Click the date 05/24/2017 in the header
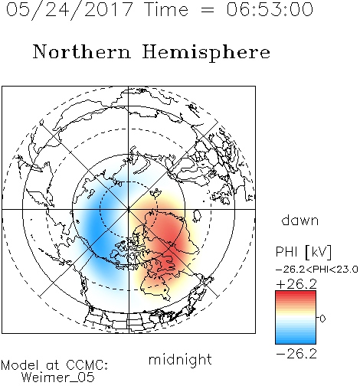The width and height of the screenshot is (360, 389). point(70,10)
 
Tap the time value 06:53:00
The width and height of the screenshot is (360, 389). point(270,9)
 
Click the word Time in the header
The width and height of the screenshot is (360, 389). point(166,9)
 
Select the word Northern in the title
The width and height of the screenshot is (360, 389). point(82,51)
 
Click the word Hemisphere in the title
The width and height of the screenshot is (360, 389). point(206,53)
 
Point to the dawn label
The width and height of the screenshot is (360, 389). point(300,220)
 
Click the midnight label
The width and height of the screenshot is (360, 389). point(180,359)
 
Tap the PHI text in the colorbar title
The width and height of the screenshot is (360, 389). point(286,252)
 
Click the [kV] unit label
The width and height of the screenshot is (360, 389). point(318,252)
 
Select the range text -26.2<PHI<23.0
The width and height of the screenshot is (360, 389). point(317,270)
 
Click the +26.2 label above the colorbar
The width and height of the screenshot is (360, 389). point(296,284)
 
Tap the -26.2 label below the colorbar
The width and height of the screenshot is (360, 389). point(296,354)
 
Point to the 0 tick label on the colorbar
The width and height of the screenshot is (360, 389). point(322,319)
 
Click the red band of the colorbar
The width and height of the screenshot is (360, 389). point(296,297)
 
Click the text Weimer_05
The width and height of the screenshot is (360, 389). point(58,377)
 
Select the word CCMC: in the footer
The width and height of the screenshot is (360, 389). point(87,365)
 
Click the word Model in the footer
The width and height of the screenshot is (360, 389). point(20,365)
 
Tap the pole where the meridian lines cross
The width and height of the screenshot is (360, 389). point(129,209)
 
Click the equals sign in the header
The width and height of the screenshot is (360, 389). point(208,10)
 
